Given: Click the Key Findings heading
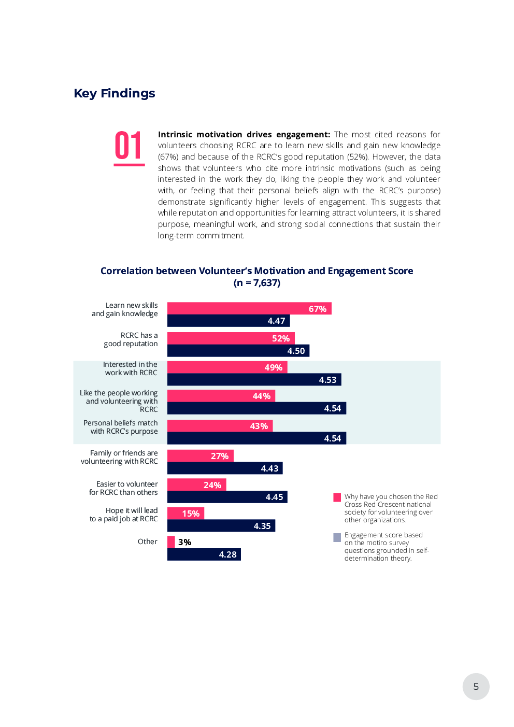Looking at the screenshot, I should click(115, 93).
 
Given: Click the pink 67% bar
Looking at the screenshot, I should click(249, 309).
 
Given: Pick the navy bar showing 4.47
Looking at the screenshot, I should click(228, 321).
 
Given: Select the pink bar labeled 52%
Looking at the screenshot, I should click(231, 338).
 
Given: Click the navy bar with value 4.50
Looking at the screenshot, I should click(238, 351).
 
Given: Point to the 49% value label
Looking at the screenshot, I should click(273, 367).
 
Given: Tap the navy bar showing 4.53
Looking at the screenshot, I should click(254, 380).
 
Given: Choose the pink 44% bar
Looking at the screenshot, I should click(221, 396).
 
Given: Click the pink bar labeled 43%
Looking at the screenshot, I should click(220, 426).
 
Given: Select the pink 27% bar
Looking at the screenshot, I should click(200, 456).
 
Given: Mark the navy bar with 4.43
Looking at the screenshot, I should click(224, 468).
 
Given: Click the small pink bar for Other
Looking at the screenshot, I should click(171, 542).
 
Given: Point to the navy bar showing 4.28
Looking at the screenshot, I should click(204, 554).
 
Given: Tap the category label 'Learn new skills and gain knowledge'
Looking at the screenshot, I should click(125, 309).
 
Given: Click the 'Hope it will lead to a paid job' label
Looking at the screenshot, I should click(124, 515).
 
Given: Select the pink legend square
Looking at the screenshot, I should click(337, 497).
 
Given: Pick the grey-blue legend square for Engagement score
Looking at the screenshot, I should click(337, 537).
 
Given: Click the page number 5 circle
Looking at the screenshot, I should click(476, 687).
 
